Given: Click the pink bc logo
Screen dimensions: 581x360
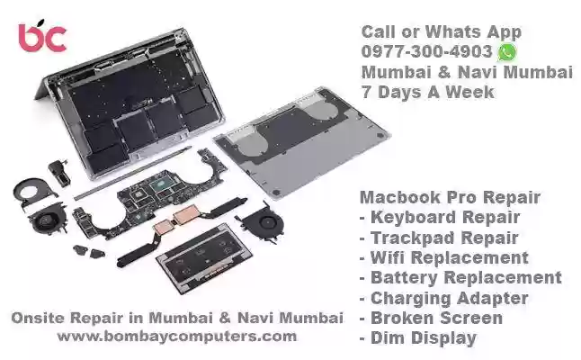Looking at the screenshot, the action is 42,36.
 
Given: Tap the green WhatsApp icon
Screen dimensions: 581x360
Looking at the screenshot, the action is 507,52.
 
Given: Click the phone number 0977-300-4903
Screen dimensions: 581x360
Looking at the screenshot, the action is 427,51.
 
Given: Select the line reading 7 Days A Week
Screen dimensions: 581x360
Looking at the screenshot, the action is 427,92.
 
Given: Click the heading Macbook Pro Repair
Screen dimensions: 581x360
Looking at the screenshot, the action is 450,197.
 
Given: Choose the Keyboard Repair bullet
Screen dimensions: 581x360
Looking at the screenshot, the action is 440,218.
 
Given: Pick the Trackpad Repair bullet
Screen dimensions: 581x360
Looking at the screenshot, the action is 439,238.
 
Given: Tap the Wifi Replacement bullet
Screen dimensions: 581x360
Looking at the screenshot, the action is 444,258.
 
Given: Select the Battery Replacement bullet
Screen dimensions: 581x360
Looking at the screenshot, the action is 460,278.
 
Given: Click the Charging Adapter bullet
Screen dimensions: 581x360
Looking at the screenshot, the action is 444,299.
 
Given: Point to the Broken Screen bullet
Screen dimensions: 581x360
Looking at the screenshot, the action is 431,318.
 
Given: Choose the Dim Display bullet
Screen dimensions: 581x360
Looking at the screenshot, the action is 418,338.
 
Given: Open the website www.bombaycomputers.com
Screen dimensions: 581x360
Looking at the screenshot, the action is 177,337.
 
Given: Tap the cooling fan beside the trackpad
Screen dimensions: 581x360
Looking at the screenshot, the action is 264,222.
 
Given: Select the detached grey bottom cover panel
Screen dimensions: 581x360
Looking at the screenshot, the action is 302,141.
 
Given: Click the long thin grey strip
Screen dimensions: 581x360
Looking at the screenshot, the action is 132,173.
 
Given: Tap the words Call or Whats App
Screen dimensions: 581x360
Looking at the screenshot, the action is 442,32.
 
